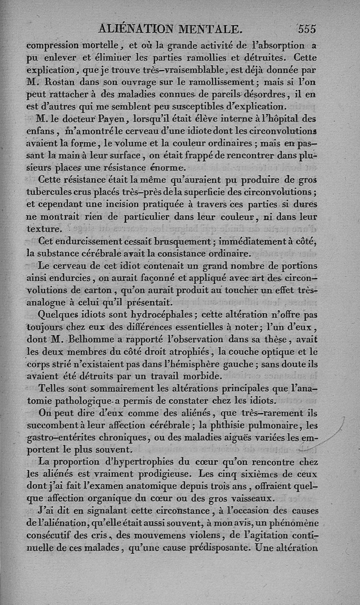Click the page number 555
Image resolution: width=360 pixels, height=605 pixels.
point(306,29)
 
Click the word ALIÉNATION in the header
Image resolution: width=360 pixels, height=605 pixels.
point(135,28)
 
